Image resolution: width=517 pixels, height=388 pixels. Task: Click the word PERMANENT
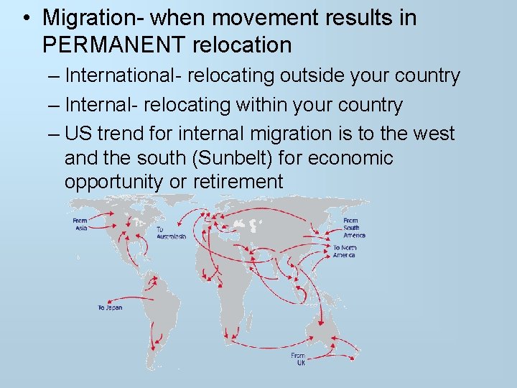(x=115, y=45)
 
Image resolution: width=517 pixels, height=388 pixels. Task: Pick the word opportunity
(x=113, y=183)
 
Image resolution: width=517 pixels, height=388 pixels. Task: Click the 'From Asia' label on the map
(x=80, y=225)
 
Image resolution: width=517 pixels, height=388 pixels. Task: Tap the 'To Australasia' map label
(x=171, y=233)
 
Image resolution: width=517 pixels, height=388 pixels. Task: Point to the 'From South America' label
(x=353, y=228)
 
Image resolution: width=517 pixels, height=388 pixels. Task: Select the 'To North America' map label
(x=344, y=251)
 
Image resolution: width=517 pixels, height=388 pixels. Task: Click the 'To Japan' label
(x=110, y=308)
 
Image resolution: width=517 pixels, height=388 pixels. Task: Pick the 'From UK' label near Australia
(x=298, y=359)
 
